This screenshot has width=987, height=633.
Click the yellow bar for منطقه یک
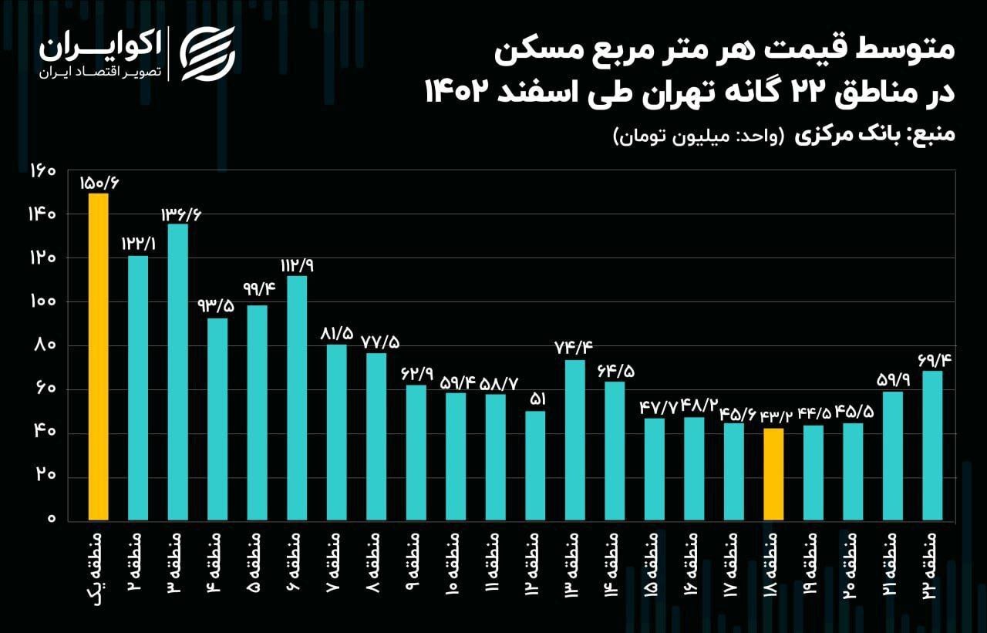(98, 356)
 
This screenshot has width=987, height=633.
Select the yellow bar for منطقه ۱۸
(773, 473)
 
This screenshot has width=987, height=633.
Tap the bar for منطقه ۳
(177, 371)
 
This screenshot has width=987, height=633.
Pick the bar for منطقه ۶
(297, 397)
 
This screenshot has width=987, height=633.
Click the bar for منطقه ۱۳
(574, 439)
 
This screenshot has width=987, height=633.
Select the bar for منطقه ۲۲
(932, 445)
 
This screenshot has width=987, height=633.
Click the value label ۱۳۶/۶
(180, 214)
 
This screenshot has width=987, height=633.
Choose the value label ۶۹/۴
(931, 359)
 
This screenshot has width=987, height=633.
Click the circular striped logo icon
(207, 52)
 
